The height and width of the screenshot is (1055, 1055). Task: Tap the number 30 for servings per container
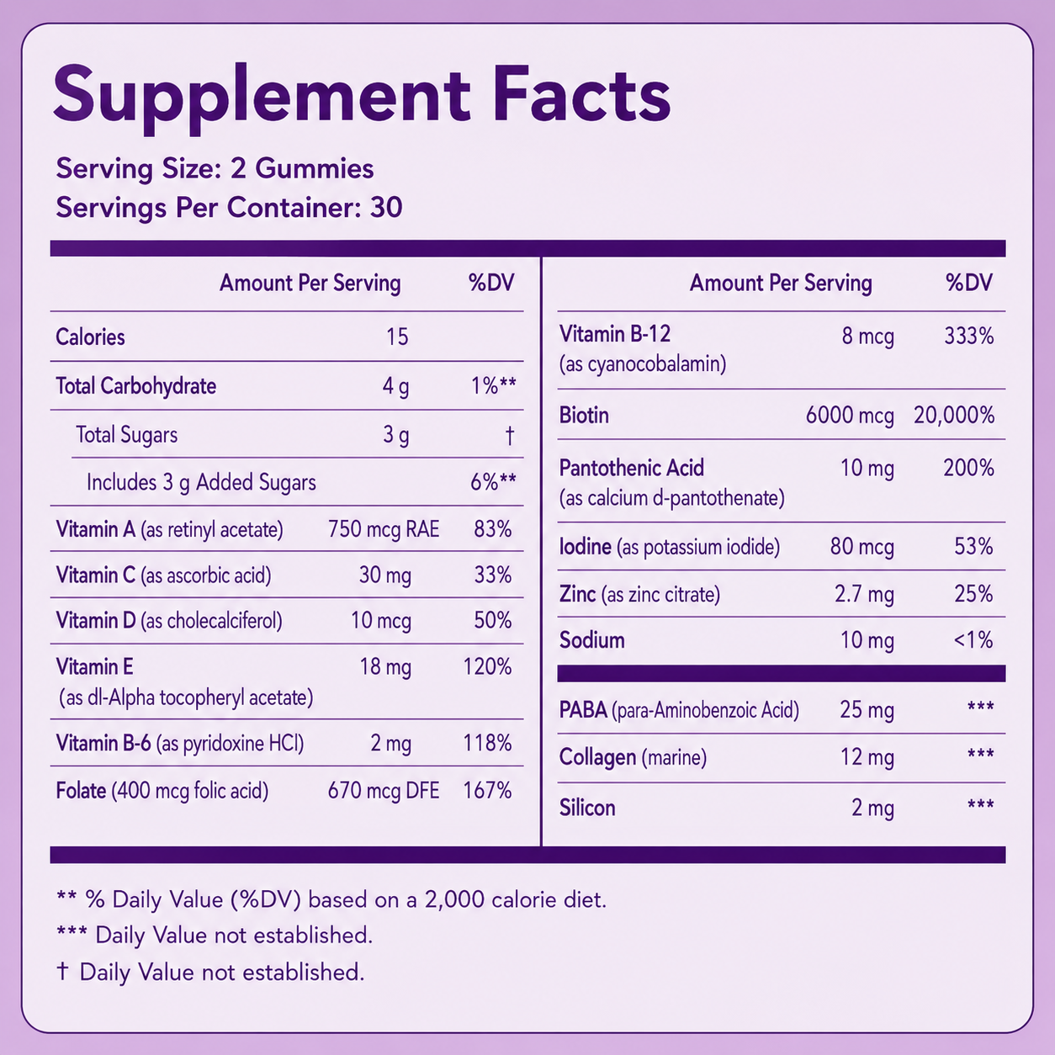point(386,208)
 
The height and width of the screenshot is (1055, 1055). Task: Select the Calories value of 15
point(397,337)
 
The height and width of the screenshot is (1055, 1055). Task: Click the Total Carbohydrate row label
point(135,386)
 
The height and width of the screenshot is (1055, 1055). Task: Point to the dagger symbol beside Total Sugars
point(510,436)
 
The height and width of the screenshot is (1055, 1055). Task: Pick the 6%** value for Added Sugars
point(493,482)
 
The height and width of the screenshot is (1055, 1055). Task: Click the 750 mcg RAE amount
point(384,529)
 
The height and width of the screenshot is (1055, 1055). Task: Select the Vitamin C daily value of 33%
point(493,575)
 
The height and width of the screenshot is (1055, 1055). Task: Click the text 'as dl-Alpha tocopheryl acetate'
point(186,698)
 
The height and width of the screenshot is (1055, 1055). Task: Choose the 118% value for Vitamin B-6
point(487,744)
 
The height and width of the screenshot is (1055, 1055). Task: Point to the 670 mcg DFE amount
point(384,791)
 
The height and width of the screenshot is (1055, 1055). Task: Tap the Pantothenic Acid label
point(631,468)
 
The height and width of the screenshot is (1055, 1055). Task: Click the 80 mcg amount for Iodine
point(861,547)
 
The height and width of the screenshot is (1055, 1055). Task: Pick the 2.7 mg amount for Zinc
point(865,595)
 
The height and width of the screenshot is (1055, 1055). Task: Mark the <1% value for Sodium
point(973,640)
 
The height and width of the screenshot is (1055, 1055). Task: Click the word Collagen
point(598,758)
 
